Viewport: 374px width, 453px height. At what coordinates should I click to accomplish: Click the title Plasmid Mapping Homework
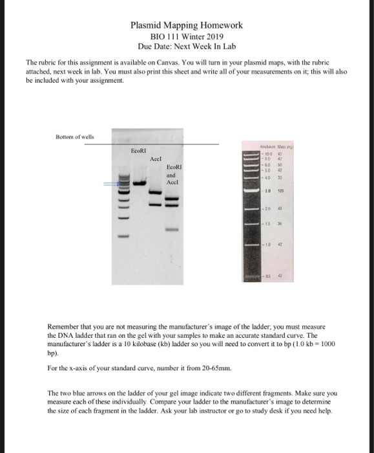coord(187,25)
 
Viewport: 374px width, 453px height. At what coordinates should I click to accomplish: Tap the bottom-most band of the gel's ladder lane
coord(122,238)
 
